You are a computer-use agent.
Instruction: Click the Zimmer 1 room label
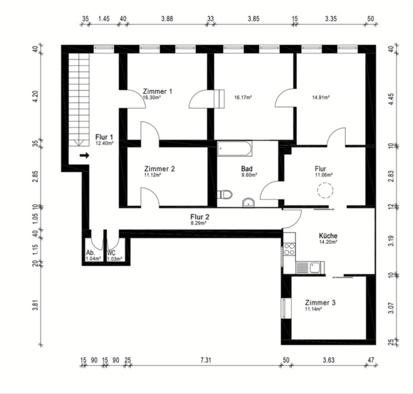coord(157,91)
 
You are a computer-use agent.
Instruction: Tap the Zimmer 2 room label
coord(159,169)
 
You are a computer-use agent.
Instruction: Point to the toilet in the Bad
coord(225,194)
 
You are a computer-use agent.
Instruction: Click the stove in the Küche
coord(289,250)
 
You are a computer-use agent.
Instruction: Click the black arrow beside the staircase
coord(84,155)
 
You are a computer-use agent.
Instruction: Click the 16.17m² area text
coord(243,97)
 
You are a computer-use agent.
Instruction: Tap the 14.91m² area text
coord(321,97)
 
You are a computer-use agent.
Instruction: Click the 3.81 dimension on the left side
coord(35,305)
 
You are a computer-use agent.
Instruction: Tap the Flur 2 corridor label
coord(199,216)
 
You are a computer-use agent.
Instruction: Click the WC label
coord(111,253)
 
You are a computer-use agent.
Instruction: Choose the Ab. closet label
coord(90,253)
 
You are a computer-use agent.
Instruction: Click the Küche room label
coord(328,236)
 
